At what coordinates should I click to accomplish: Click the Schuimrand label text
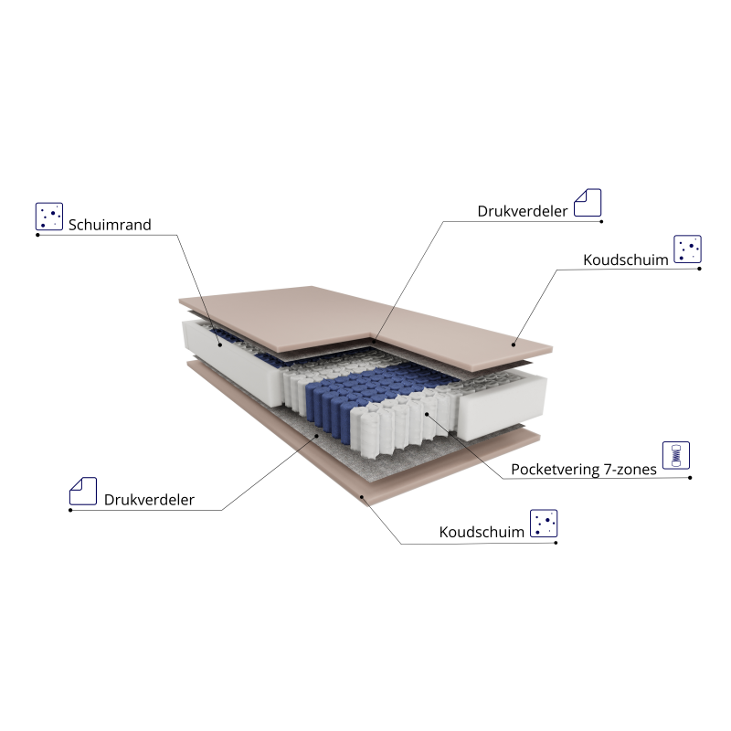click(x=110, y=225)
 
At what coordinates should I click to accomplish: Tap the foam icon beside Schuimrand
click(x=49, y=217)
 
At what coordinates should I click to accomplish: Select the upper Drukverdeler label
click(x=522, y=211)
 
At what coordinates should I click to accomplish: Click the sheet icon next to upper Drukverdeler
click(x=588, y=202)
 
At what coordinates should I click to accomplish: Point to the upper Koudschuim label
click(x=626, y=260)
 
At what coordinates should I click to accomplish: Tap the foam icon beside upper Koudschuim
click(x=687, y=249)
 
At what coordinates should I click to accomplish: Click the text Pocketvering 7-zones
click(x=584, y=470)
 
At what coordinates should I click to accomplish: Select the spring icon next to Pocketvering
click(x=676, y=455)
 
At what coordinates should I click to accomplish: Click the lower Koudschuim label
click(x=482, y=532)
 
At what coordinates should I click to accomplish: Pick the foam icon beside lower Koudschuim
click(x=544, y=523)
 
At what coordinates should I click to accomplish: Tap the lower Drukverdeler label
click(x=149, y=500)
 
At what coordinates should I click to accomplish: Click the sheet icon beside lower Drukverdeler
click(x=83, y=491)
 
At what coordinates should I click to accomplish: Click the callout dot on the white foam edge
click(x=220, y=345)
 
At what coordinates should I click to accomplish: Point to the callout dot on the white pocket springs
click(x=427, y=414)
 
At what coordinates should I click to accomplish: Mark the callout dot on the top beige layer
click(x=514, y=345)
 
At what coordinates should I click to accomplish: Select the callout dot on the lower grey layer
click(x=317, y=436)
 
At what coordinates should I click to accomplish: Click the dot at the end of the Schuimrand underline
click(x=37, y=235)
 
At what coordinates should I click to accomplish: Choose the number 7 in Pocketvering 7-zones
click(x=608, y=469)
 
